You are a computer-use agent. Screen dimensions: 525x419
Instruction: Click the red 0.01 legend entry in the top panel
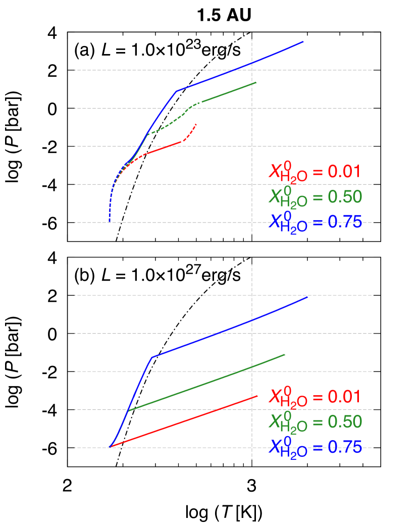click(315, 172)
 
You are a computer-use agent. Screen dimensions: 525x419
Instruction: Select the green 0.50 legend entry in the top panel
click(315, 197)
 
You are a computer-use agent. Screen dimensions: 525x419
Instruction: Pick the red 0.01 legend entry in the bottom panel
click(315, 397)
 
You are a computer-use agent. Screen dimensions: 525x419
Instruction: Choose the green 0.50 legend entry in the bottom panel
click(315, 422)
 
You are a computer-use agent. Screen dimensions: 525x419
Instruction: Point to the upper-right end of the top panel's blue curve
click(303, 42)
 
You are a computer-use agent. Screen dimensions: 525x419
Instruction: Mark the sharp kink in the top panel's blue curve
click(177, 91)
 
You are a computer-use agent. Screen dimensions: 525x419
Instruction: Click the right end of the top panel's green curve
click(256, 82)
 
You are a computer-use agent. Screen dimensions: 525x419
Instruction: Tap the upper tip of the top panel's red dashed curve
click(196, 124)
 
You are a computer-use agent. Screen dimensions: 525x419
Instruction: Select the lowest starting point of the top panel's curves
click(110, 221)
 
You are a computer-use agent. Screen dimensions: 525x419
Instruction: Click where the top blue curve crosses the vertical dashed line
click(252, 62)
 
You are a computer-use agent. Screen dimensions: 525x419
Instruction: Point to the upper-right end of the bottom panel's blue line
click(307, 297)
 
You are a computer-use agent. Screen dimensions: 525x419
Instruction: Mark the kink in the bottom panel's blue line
click(152, 357)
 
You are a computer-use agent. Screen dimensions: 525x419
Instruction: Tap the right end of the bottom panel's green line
click(285, 355)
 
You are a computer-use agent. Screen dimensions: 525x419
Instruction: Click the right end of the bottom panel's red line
click(257, 396)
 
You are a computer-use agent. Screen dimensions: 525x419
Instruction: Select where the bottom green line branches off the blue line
click(129, 410)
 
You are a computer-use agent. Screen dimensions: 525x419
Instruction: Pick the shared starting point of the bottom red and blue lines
click(110, 447)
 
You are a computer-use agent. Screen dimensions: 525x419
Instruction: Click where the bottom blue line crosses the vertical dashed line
click(252, 319)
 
